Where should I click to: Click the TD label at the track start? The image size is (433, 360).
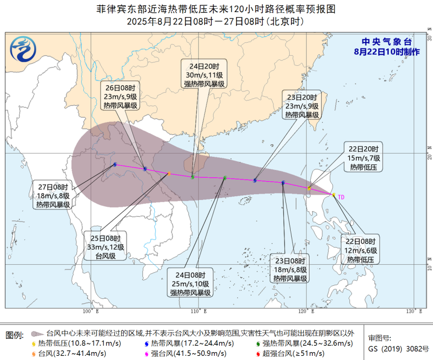tap(341, 197)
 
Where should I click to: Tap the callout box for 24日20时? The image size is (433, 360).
tap(204, 75)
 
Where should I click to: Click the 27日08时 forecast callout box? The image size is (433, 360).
tap(53, 196)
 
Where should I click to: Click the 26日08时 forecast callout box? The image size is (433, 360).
tap(121, 97)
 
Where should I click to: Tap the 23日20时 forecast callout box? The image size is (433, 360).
tap(302, 106)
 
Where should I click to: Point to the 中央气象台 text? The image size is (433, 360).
tap(386, 42)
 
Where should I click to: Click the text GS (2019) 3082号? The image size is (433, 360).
tap(399, 348)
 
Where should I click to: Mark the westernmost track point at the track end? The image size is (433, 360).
tap(114, 165)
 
